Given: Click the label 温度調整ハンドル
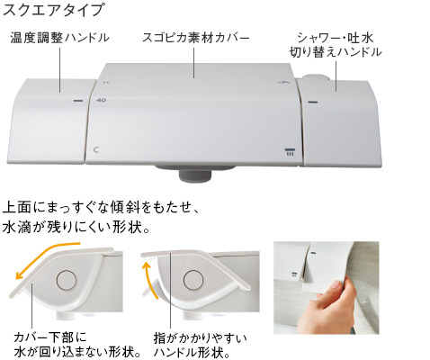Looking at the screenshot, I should point(60,38).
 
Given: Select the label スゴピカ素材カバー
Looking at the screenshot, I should point(195,38).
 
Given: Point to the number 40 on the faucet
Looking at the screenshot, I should point(103,100).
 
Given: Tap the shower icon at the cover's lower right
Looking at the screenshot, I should point(290,151).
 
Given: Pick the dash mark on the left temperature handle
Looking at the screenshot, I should point(78,100).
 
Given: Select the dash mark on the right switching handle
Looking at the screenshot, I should point(312,102).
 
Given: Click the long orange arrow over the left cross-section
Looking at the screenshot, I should point(45,255).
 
